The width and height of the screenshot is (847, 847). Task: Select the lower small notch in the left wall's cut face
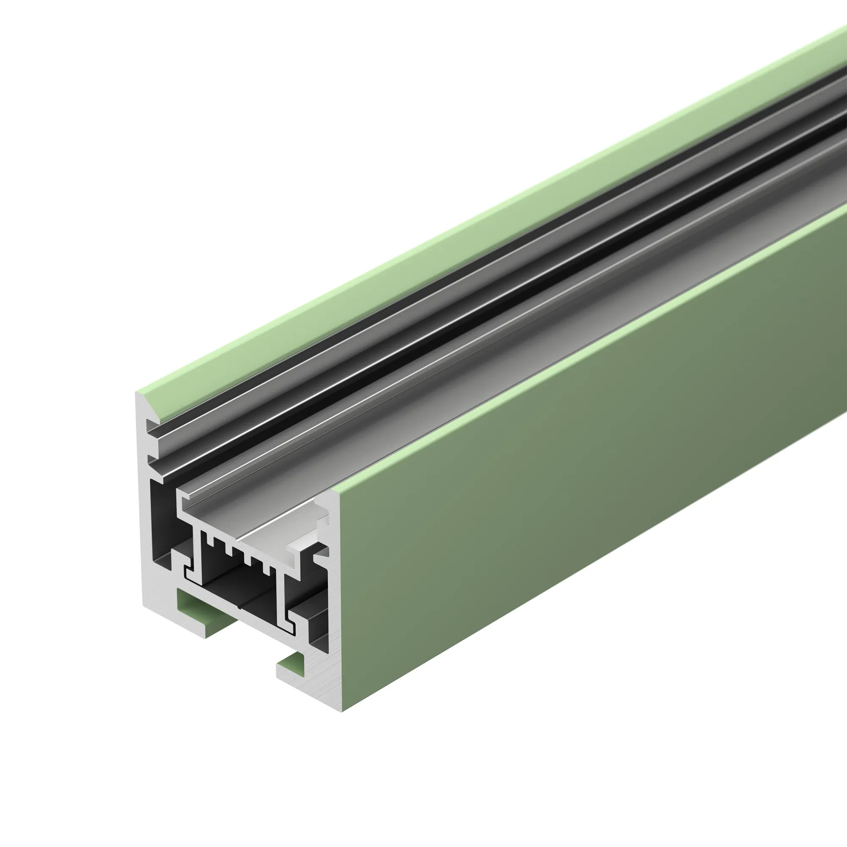(151, 459)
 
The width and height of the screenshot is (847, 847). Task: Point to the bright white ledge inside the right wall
(303, 546)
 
